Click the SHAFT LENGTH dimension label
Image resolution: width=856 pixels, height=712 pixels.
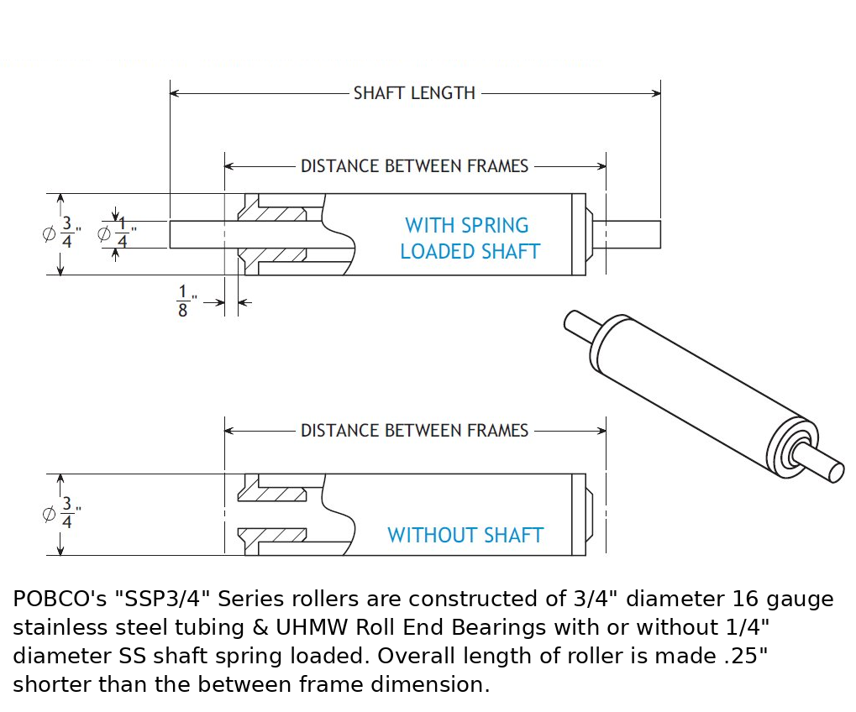click(x=414, y=93)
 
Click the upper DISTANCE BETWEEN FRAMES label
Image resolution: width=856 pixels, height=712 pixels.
click(x=414, y=166)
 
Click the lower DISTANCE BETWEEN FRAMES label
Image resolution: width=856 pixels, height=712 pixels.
click(x=414, y=431)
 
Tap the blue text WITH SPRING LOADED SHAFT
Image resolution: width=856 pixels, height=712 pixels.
click(x=469, y=238)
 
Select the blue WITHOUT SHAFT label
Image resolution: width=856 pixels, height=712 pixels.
click(x=465, y=535)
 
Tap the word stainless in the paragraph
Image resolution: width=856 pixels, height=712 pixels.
click(x=55, y=628)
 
